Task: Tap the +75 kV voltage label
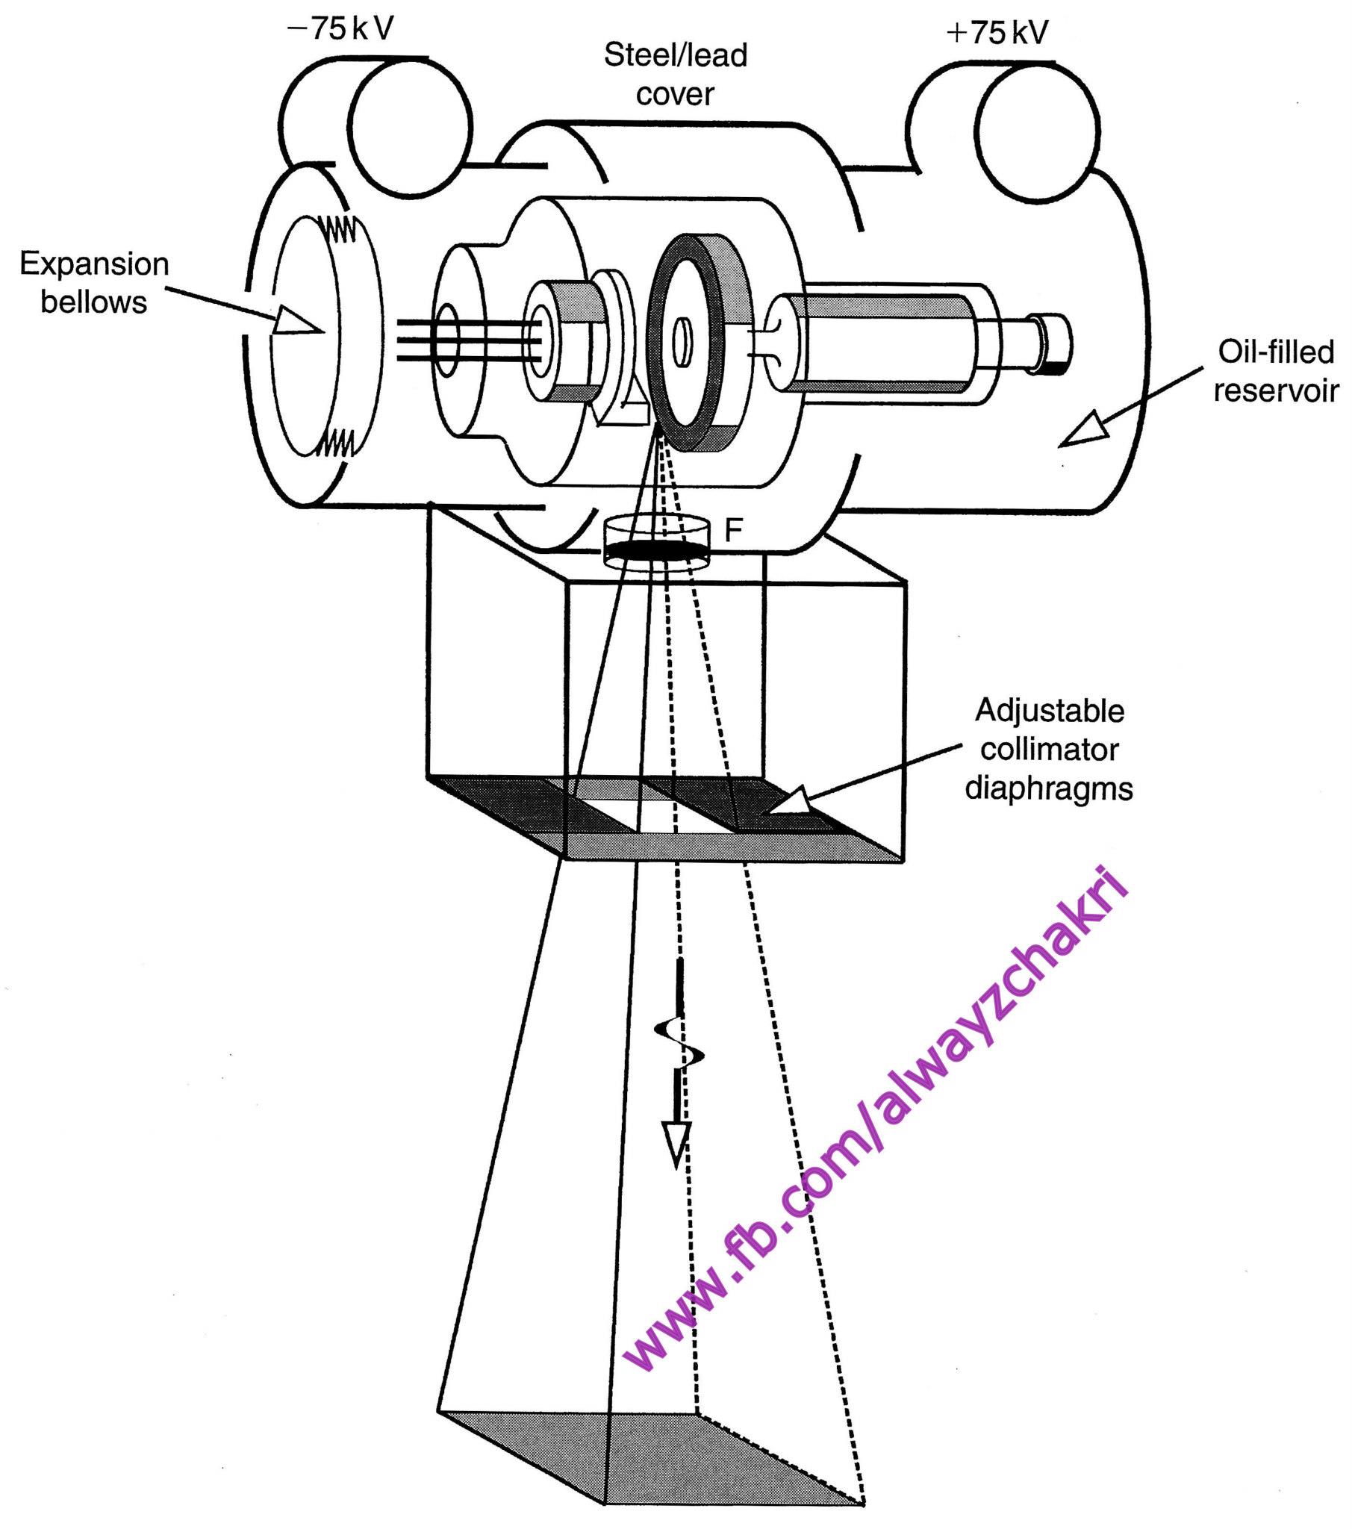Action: click(x=997, y=33)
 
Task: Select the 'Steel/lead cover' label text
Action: click(x=675, y=75)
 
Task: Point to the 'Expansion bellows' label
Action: click(x=94, y=283)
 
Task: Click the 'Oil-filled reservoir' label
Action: click(x=1275, y=371)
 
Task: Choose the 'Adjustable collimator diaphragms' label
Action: click(x=1049, y=750)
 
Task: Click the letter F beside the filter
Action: click(x=733, y=530)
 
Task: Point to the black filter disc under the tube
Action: click(x=655, y=552)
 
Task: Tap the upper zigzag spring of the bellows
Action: click(x=340, y=229)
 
